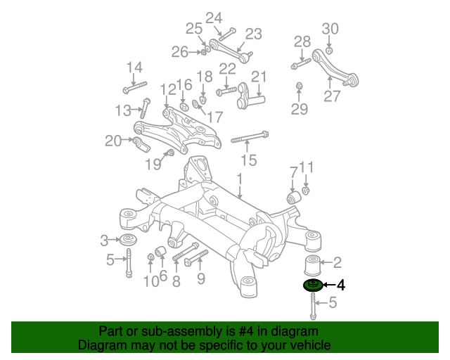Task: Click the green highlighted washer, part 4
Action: (x=312, y=285)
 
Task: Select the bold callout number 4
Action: (x=341, y=285)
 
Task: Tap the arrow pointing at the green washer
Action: (x=328, y=285)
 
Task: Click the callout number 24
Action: (x=213, y=18)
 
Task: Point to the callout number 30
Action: (x=330, y=29)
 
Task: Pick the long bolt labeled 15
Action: (x=249, y=136)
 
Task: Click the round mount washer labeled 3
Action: (x=129, y=241)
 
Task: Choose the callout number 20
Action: (x=113, y=141)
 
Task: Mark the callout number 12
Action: (x=167, y=89)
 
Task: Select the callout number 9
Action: (x=200, y=281)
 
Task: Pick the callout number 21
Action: (x=259, y=77)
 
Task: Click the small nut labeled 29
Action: (x=300, y=86)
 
